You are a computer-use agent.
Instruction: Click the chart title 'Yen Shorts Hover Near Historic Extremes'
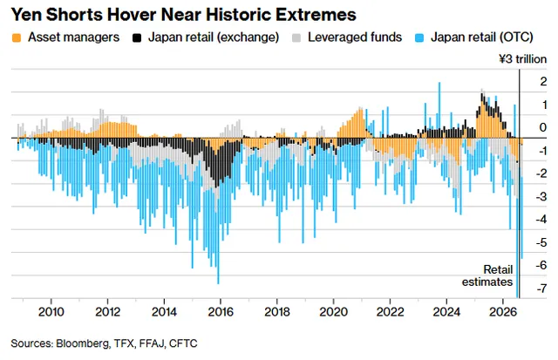coord(184,15)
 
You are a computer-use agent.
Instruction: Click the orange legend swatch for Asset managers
coord(17,37)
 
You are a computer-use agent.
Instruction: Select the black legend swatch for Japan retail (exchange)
coord(137,37)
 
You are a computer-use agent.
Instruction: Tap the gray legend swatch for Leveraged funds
coord(296,37)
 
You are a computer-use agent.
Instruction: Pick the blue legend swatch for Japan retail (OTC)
coord(419,37)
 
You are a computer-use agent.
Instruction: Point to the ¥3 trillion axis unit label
coord(523,59)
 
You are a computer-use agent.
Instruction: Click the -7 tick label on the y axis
coord(541,289)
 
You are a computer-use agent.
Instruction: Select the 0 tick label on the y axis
coord(543,127)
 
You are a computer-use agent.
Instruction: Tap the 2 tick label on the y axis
coord(543,81)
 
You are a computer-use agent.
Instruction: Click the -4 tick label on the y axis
coord(541,219)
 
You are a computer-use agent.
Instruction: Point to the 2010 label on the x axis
coord(51,312)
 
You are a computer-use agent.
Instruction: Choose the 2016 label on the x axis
coord(221,312)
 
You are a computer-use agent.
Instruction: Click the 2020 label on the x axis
coord(333,312)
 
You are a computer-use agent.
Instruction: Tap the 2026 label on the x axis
coord(503,312)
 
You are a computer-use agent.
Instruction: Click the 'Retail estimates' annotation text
coord(487,275)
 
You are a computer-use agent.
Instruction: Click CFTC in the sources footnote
coord(183,343)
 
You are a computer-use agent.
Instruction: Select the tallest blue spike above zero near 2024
coord(439,111)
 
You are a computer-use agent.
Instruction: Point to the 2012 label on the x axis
coord(108,312)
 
